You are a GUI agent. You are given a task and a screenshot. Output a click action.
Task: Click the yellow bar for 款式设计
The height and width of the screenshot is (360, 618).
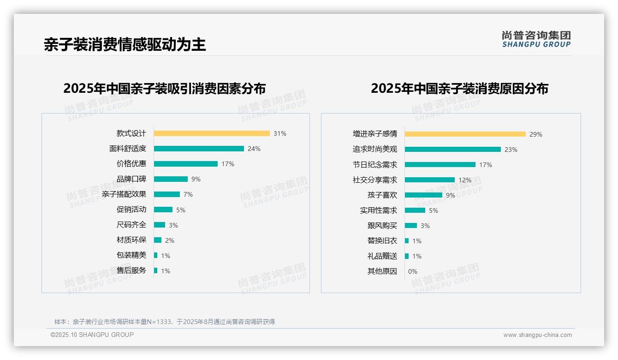pyautogui.click(x=212, y=133)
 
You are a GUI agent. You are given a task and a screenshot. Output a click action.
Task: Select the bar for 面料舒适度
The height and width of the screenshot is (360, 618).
pyautogui.click(x=199, y=149)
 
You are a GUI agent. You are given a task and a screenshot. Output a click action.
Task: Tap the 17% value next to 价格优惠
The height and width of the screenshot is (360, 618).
pyautogui.click(x=228, y=164)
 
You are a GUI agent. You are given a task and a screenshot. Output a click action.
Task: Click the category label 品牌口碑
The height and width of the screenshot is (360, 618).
pyautogui.click(x=131, y=179)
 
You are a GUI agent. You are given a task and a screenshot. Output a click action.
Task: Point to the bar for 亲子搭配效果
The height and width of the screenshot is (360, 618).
pyautogui.click(x=167, y=194)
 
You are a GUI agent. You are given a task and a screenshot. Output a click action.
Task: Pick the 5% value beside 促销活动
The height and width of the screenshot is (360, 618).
pyautogui.click(x=181, y=210)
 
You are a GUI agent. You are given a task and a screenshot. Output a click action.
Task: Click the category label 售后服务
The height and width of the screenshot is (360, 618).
pyautogui.click(x=131, y=270)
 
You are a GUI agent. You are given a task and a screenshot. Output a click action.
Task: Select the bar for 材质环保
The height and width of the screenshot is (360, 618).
pyautogui.click(x=158, y=240)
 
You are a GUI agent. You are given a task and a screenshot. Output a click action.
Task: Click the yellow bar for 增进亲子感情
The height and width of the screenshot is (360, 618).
pyautogui.click(x=465, y=134)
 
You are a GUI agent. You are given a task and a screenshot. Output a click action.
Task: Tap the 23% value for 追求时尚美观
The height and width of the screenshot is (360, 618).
pyautogui.click(x=511, y=150)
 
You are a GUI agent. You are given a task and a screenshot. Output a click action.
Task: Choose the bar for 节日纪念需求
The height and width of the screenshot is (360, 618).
pyautogui.click(x=440, y=165)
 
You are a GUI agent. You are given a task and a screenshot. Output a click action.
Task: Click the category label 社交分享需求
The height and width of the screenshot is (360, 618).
pyautogui.click(x=374, y=180)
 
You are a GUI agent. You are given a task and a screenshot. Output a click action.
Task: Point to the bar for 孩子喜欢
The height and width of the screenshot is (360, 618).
pyautogui.click(x=423, y=195)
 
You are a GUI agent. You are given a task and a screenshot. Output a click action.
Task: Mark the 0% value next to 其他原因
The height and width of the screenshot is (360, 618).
pyautogui.click(x=413, y=271)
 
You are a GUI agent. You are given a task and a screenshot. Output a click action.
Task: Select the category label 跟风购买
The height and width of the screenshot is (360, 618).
pyautogui.click(x=382, y=226)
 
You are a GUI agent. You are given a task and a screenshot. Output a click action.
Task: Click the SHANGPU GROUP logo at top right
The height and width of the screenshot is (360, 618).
pyautogui.click(x=536, y=39)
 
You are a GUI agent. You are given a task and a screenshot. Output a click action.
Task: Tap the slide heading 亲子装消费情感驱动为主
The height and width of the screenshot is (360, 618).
pyautogui.click(x=125, y=44)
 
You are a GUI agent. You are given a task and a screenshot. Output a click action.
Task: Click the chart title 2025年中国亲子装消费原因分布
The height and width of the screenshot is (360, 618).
pyautogui.click(x=459, y=88)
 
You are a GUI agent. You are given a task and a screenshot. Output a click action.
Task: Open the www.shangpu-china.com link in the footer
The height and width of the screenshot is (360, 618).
pyautogui.click(x=537, y=335)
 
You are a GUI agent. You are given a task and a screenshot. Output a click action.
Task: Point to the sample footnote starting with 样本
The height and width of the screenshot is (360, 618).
pyautogui.click(x=165, y=322)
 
